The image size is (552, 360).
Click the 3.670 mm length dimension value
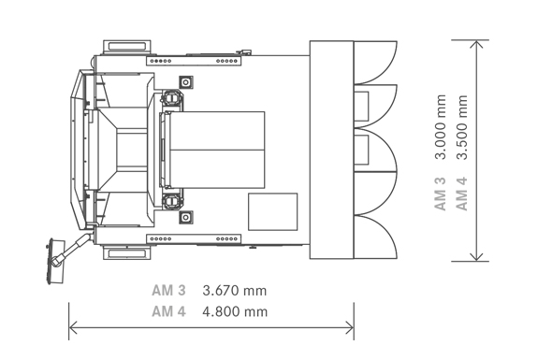[x=235, y=291]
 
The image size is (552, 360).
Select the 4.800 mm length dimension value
[x=235, y=311]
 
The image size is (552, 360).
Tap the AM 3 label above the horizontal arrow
[x=168, y=291]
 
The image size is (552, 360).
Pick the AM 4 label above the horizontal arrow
[x=168, y=311]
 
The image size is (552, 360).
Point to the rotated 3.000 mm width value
[x=441, y=127]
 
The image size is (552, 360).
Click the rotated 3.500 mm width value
[x=462, y=127]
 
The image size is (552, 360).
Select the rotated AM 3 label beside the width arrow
[x=441, y=194]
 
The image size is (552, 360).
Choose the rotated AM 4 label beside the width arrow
[x=462, y=194]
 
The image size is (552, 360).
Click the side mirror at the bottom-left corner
[x=55, y=261]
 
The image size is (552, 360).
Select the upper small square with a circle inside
[x=186, y=82]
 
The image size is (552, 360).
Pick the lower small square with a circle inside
[x=186, y=218]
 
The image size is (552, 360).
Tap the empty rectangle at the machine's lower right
[x=273, y=212]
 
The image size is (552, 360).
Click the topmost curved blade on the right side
[x=375, y=63]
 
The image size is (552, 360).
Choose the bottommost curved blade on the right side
[x=375, y=237]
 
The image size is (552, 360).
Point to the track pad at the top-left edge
[x=127, y=47]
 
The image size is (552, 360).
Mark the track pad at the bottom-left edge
[x=127, y=253]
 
